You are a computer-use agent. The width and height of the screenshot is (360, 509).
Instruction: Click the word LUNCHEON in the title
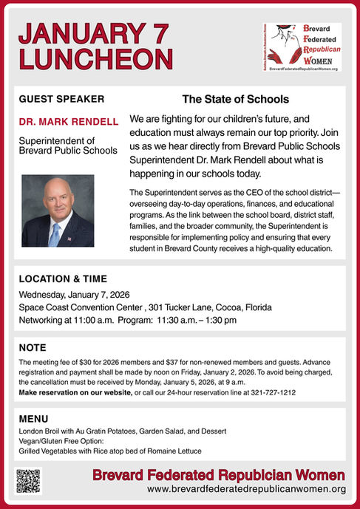[96, 58]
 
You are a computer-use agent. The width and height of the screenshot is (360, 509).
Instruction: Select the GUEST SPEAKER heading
[61, 99]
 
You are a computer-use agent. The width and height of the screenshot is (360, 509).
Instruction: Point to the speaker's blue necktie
[55, 233]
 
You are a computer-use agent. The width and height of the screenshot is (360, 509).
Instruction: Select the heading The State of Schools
[235, 99]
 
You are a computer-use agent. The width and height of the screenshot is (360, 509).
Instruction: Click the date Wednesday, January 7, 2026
[74, 295]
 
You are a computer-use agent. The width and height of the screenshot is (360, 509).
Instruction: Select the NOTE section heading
[33, 347]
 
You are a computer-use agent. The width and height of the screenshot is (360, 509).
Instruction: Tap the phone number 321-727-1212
[271, 393]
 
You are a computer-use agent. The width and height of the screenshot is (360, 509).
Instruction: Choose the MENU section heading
[33, 418]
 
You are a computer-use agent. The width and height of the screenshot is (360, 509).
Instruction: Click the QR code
[28, 481]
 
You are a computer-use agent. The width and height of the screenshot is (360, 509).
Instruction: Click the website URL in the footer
[246, 490]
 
